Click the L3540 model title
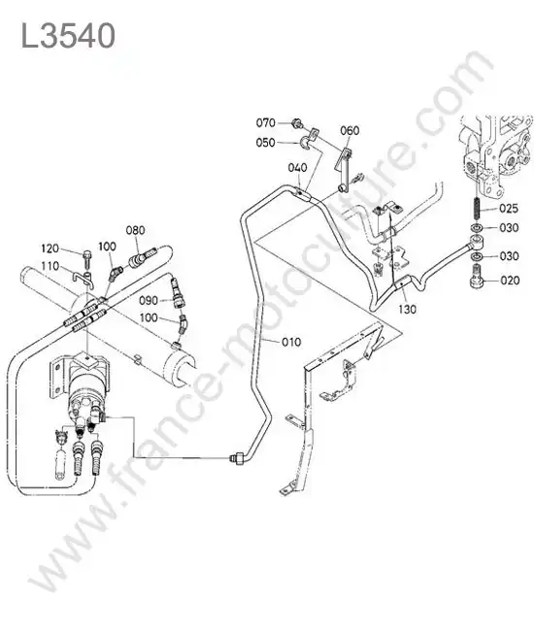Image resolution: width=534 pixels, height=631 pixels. pyautogui.click(x=68, y=36)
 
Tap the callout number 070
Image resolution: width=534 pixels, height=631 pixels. pyautogui.click(x=266, y=122)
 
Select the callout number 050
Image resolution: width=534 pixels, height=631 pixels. pyautogui.click(x=266, y=143)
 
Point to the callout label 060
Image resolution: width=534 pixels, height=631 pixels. pyautogui.click(x=350, y=130)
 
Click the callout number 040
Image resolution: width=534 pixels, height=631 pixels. pyautogui.click(x=297, y=167)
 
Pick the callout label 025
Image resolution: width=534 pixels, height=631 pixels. pyautogui.click(x=509, y=209)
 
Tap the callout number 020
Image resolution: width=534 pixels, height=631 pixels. pyautogui.click(x=510, y=281)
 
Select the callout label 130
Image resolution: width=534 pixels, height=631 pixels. pyautogui.click(x=407, y=309)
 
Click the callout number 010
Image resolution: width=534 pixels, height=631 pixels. pyautogui.click(x=291, y=342)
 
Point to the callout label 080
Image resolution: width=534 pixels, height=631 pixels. pyautogui.click(x=135, y=230)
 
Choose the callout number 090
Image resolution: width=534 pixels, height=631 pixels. pyautogui.click(x=149, y=301)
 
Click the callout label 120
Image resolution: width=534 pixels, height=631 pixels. pyautogui.click(x=50, y=249)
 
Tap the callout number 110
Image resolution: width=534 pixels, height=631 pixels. pyautogui.click(x=50, y=266)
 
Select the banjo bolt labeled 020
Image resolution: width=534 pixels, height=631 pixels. pyautogui.click(x=477, y=278)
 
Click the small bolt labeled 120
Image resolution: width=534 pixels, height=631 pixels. pyautogui.click(x=87, y=260)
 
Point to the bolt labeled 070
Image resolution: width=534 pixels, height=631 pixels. pyautogui.click(x=296, y=123)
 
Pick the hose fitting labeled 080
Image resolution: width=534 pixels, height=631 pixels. pyautogui.click(x=142, y=258)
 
